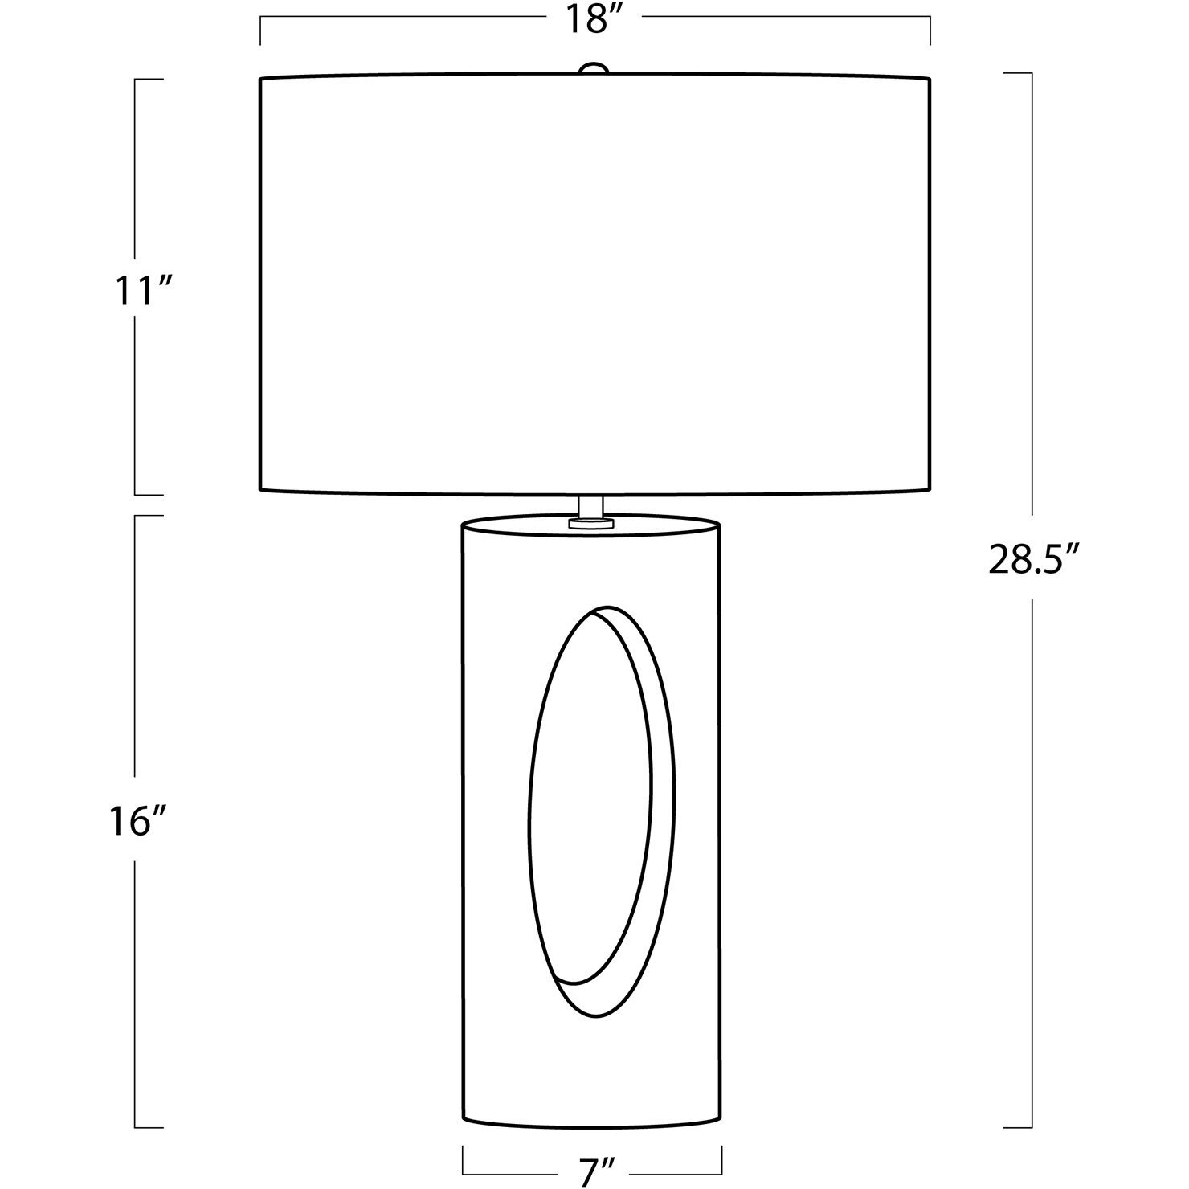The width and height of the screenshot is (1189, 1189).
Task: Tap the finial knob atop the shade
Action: tap(594, 70)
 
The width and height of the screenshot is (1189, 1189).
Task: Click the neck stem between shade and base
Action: tap(591, 505)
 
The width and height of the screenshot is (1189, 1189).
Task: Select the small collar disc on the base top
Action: tap(591, 523)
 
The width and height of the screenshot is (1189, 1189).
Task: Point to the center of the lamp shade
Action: tap(595, 284)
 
